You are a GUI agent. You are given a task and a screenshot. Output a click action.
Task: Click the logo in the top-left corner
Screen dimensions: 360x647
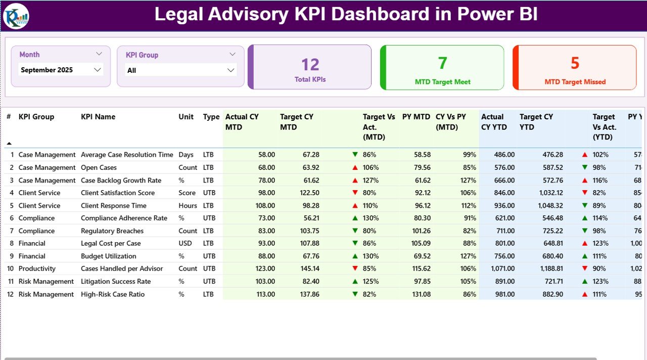(x=16, y=16)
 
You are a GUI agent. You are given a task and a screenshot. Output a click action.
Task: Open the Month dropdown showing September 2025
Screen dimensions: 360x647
(x=61, y=70)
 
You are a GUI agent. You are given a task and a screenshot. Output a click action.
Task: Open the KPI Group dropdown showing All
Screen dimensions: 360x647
(x=180, y=70)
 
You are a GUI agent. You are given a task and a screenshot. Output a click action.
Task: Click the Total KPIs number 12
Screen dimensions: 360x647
(x=310, y=64)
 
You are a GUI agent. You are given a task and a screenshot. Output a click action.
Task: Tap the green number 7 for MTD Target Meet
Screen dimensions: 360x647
(x=442, y=63)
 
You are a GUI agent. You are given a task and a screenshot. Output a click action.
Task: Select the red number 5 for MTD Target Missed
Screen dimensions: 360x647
(x=575, y=63)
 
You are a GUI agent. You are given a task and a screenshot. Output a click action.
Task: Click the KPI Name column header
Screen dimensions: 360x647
(x=98, y=117)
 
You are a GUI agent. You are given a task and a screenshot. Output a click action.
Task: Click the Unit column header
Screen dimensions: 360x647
(x=186, y=117)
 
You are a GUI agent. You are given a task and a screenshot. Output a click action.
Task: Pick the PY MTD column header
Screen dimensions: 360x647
(x=416, y=117)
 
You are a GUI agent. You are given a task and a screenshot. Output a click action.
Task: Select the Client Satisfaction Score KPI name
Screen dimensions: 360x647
(x=118, y=193)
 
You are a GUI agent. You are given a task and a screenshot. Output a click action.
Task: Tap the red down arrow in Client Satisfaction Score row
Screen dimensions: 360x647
(x=355, y=193)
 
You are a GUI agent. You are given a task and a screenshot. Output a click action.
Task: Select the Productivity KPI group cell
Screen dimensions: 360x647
(x=37, y=268)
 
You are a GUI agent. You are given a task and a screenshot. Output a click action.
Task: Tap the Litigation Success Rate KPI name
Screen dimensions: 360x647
(x=116, y=281)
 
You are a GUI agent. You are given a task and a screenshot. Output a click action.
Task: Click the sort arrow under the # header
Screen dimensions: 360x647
(x=9, y=143)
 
